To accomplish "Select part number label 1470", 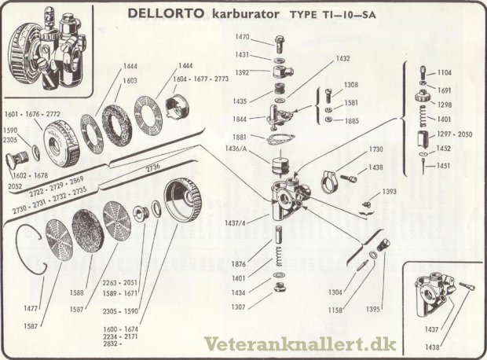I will pos(243,37).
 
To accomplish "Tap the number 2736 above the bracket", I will pos(152,167).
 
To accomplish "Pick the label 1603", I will pos(130,80).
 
